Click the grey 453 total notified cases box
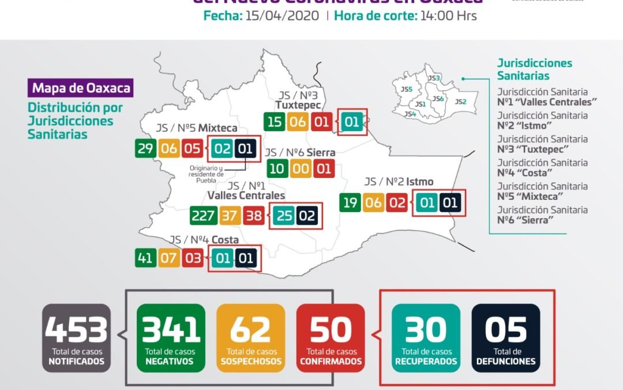click(x=76, y=337)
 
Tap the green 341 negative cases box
click(x=171, y=337)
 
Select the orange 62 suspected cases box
click(x=251, y=337)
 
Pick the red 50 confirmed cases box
click(x=331, y=337)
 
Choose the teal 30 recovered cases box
click(x=426, y=337)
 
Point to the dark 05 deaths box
click(x=506, y=337)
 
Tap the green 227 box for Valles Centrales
click(x=204, y=216)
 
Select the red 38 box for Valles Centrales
click(x=253, y=216)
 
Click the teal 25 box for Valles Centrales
click(x=283, y=216)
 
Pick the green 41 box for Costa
click(x=145, y=257)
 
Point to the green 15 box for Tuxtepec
click(x=275, y=122)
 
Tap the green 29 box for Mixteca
click(x=145, y=148)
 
